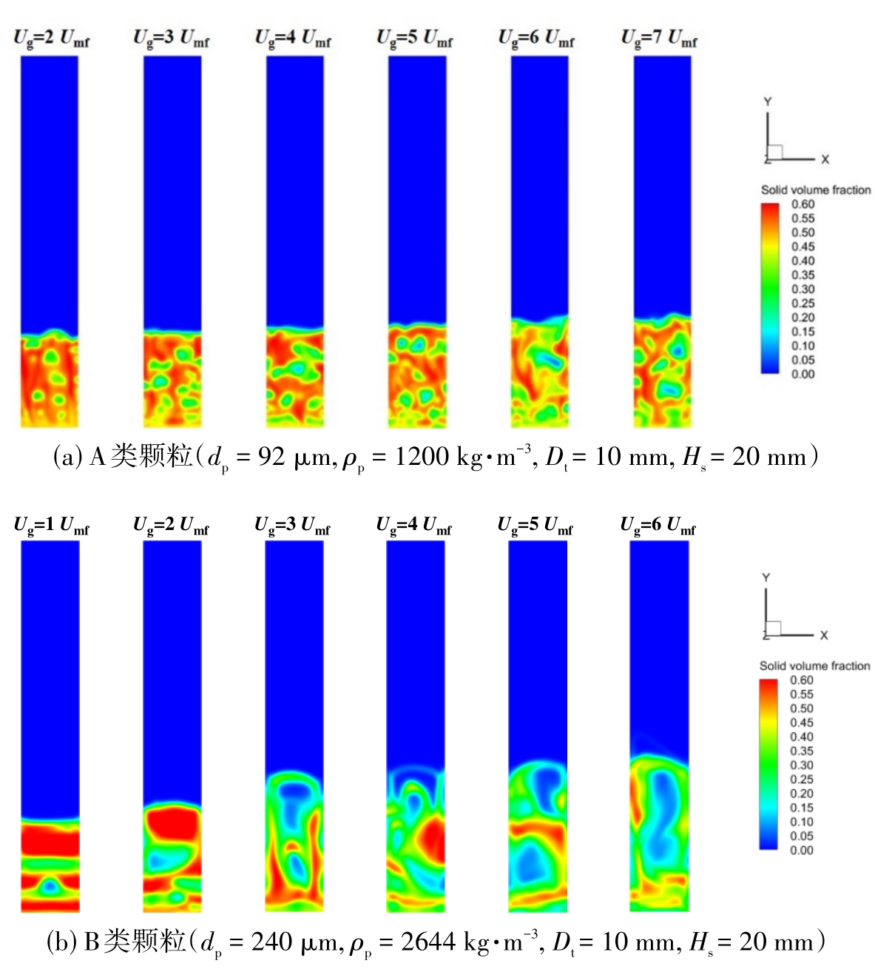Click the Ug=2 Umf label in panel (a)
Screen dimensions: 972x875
click(x=51, y=38)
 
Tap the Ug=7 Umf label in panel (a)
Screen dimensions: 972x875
click(x=658, y=38)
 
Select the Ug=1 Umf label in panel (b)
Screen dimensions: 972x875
click(x=51, y=526)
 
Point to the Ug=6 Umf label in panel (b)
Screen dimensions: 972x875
click(x=658, y=526)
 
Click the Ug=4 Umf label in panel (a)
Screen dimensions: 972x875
click(x=293, y=38)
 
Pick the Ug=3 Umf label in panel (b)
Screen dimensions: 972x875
click(x=292, y=526)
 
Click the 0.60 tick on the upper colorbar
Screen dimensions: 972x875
click(x=803, y=204)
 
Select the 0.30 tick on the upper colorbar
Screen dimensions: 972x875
click(x=803, y=289)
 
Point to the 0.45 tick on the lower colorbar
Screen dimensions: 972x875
click(x=801, y=723)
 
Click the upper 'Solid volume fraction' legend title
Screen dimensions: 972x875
click(x=816, y=190)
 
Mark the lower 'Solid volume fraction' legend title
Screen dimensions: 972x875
click(x=814, y=666)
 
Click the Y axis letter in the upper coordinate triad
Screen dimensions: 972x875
click(x=768, y=101)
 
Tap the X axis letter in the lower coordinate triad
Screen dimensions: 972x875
click(x=823, y=635)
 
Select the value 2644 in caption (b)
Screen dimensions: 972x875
click(x=428, y=942)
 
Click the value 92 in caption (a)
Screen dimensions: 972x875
click(x=271, y=457)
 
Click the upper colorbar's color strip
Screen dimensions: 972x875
click(x=770, y=289)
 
